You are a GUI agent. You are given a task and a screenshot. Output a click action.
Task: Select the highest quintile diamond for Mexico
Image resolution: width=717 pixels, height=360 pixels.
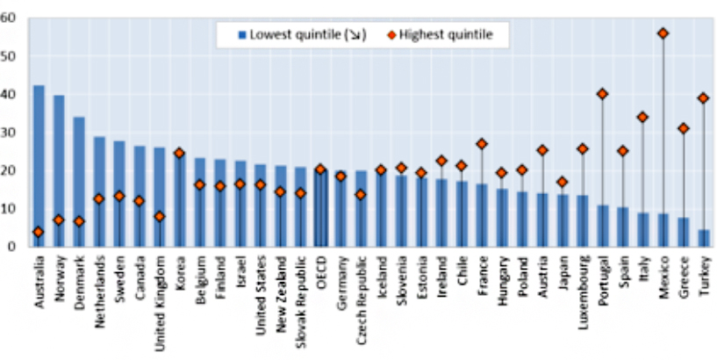tap(663, 33)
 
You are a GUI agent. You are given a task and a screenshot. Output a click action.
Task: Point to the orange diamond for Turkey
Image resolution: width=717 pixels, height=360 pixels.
tap(703, 98)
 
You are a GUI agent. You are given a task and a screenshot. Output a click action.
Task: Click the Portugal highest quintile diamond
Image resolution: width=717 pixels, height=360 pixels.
tap(602, 94)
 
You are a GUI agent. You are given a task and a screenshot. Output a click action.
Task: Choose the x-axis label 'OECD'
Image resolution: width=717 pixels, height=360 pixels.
tap(320, 270)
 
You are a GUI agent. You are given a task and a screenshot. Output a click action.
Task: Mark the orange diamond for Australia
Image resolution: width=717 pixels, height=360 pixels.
tap(39, 233)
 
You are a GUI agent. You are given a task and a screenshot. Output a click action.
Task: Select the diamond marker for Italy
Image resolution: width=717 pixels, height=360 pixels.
tap(642, 117)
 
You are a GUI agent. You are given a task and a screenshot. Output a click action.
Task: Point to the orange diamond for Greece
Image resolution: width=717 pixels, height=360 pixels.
tap(683, 128)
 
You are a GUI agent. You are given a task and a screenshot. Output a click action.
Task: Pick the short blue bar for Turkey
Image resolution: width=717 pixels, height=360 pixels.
tap(703, 238)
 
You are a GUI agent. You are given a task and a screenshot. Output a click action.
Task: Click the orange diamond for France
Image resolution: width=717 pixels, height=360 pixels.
tap(481, 143)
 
